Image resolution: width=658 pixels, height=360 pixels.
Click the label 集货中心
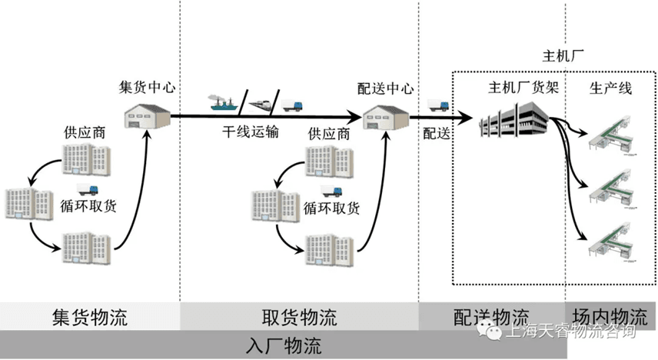pyautogui.click(x=147, y=87)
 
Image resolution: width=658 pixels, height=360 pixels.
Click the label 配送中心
pyautogui.click(x=386, y=87)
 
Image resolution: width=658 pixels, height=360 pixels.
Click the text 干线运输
pyautogui.click(x=251, y=132)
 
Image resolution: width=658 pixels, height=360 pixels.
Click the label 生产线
pyautogui.click(x=610, y=87)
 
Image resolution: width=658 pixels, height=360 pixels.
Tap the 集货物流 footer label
pyautogui.click(x=89, y=317)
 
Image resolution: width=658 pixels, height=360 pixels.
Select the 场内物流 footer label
pyautogui.click(x=610, y=317)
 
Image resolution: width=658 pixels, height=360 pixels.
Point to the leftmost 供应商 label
pyautogui.click(x=85, y=132)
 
